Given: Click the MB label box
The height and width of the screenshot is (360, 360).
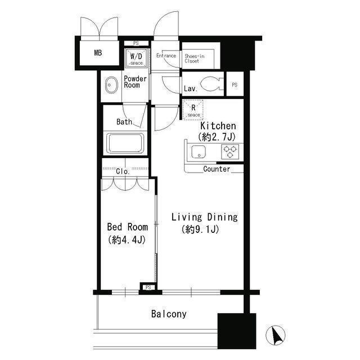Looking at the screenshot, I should [x=98, y=53].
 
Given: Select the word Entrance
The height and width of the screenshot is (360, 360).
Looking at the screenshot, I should [x=166, y=56].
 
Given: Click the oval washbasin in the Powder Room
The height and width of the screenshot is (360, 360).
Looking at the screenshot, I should [x=109, y=87].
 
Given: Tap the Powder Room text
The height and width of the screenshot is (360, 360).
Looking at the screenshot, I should [x=136, y=82].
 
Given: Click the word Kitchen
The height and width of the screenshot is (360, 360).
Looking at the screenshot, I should [x=218, y=126].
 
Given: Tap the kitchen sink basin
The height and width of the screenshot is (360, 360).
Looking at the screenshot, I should [x=199, y=152].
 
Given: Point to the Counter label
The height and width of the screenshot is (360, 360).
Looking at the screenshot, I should [x=217, y=169].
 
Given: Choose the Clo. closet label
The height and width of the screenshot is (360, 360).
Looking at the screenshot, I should [x=123, y=172].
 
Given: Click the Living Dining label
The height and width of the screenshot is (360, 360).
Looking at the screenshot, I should [x=204, y=217].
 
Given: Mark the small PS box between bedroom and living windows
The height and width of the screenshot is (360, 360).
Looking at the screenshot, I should [x=148, y=287].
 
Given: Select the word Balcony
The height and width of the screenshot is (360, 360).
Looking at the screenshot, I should [x=169, y=314].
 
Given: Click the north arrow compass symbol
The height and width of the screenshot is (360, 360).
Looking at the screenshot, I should [x=276, y=336].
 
